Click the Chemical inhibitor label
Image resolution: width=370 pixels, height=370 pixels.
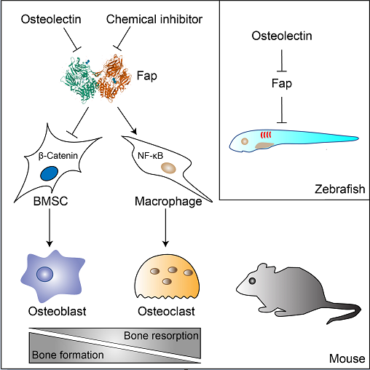pyautogui.click(x=154, y=20)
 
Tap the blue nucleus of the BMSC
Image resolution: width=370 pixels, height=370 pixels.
pyautogui.click(x=50, y=173)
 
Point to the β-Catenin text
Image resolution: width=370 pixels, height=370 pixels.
pyautogui.click(x=58, y=156)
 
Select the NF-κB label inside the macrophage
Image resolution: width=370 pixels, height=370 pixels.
pyautogui.click(x=150, y=156)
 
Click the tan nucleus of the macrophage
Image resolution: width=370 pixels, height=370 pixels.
pyautogui.click(x=169, y=168)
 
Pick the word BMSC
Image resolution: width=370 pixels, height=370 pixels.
pyautogui.click(x=50, y=201)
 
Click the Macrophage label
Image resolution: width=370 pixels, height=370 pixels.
pyautogui.click(x=168, y=202)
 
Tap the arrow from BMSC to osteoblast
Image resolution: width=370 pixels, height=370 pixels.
pyautogui.click(x=50, y=228)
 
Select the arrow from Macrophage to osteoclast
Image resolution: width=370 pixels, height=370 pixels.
pyautogui.click(x=165, y=228)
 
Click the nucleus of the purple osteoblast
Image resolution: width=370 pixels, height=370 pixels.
pyautogui.click(x=45, y=274)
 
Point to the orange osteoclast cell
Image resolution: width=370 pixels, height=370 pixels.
pyautogui.click(x=167, y=277)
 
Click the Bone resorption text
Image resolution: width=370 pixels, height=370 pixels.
pyautogui.click(x=161, y=336)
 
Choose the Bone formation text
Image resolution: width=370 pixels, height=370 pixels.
pyautogui.click(x=68, y=355)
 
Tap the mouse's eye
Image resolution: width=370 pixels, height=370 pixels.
pyautogui.click(x=253, y=280)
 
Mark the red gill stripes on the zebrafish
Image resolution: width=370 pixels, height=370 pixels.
pyautogui.click(x=266, y=135)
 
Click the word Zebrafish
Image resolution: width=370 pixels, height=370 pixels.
pyautogui.click(x=340, y=189)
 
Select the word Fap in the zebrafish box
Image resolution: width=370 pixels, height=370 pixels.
pyautogui.click(x=282, y=84)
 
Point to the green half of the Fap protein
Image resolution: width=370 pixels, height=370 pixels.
pyautogui.click(x=79, y=80)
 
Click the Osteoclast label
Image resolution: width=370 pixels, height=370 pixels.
pyautogui.click(x=166, y=311)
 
